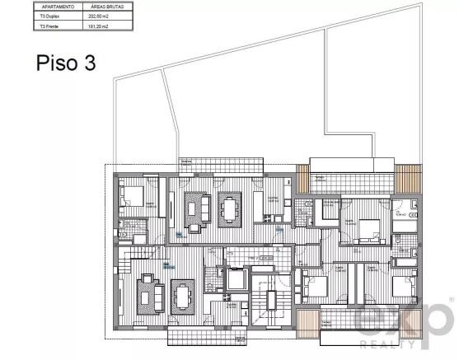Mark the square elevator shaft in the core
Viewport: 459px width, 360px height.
coord(238,278)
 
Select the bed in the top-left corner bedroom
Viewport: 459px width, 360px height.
coord(133,197)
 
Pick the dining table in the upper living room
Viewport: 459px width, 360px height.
coord(228,207)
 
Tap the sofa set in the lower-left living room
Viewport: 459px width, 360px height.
coord(148,292)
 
